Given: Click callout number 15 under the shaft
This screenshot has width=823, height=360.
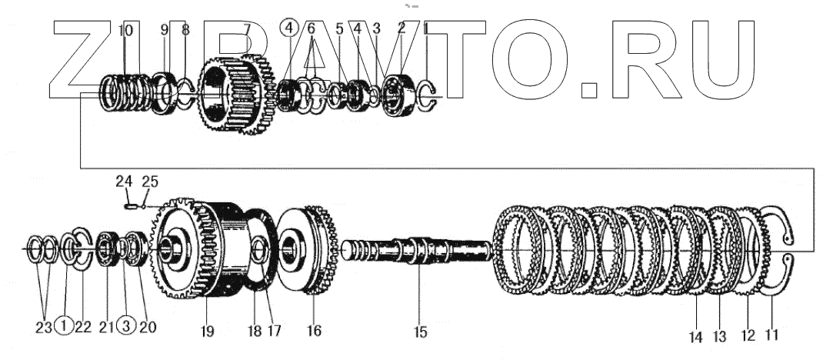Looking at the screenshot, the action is (x=420, y=332).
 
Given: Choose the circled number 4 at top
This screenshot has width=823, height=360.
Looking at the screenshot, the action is (x=288, y=29).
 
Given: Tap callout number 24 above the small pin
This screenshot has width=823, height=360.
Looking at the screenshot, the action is (x=124, y=182).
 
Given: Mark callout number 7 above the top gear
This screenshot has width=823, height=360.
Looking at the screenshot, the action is (x=247, y=30).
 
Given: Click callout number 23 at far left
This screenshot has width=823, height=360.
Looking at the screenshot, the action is (x=44, y=326).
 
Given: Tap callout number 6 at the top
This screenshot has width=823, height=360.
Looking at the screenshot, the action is (x=312, y=29).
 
